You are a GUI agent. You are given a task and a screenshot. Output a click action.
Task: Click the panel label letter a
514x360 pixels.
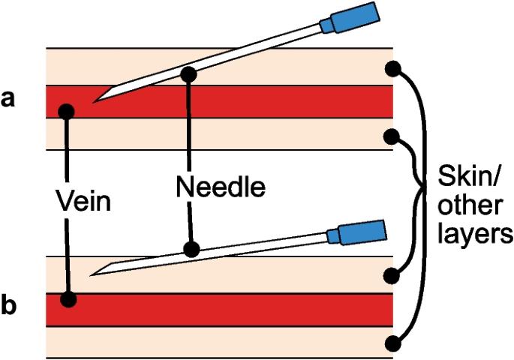pyautogui.click(x=8, y=98)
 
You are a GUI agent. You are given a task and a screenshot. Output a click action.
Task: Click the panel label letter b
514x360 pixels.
pyautogui.click(x=8, y=307)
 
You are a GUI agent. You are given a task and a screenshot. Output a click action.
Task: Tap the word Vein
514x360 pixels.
pyautogui.click(x=84, y=201)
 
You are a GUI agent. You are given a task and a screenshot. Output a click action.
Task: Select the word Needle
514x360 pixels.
pyautogui.click(x=221, y=186)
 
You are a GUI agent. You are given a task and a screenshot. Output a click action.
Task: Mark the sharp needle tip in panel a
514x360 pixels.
pyautogui.click(x=95, y=100)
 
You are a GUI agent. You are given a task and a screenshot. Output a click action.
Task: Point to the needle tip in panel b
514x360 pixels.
pyautogui.click(x=91, y=274)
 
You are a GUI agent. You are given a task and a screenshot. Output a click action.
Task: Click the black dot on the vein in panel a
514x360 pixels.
pyautogui.click(x=67, y=111)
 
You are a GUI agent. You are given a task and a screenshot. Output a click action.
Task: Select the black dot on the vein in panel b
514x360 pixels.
pyautogui.click(x=68, y=299)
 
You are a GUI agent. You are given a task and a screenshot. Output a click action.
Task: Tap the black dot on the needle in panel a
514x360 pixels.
pyautogui.click(x=188, y=73)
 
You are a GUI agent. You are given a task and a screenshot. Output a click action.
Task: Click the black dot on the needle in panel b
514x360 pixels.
pyautogui.click(x=192, y=248)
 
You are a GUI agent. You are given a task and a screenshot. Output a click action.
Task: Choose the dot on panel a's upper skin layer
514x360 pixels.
pyautogui.click(x=391, y=69)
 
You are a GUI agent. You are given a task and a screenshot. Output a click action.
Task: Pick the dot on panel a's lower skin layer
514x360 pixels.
pyautogui.click(x=391, y=136)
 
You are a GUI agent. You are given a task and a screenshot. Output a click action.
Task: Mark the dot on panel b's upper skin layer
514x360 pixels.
pyautogui.click(x=391, y=275)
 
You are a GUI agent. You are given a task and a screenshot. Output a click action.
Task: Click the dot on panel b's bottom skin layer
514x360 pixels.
pyautogui.click(x=391, y=343)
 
